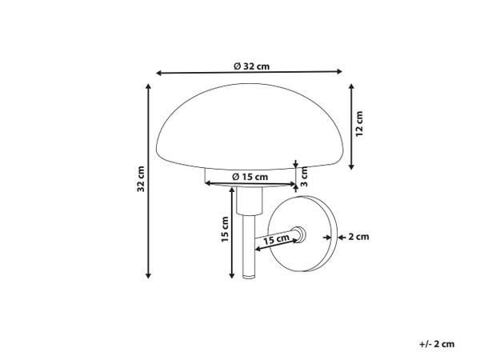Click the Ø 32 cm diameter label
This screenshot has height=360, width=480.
pyautogui.click(x=252, y=66)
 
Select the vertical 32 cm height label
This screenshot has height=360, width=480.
pyautogui.click(x=141, y=178)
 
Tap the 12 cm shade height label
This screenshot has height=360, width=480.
pyautogui.click(x=359, y=124)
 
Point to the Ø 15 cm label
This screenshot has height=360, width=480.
pyautogui.click(x=250, y=177)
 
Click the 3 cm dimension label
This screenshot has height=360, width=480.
pyautogui.click(x=304, y=177)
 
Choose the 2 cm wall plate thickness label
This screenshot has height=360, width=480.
pyautogui.click(x=358, y=237)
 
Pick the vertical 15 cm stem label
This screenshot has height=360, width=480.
pyautogui.click(x=225, y=229)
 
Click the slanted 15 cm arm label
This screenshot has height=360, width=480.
pyautogui.click(x=276, y=239)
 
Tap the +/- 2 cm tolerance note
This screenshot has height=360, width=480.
pyautogui.click(x=437, y=344)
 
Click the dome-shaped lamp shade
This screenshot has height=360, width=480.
pyautogui.click(x=250, y=126)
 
